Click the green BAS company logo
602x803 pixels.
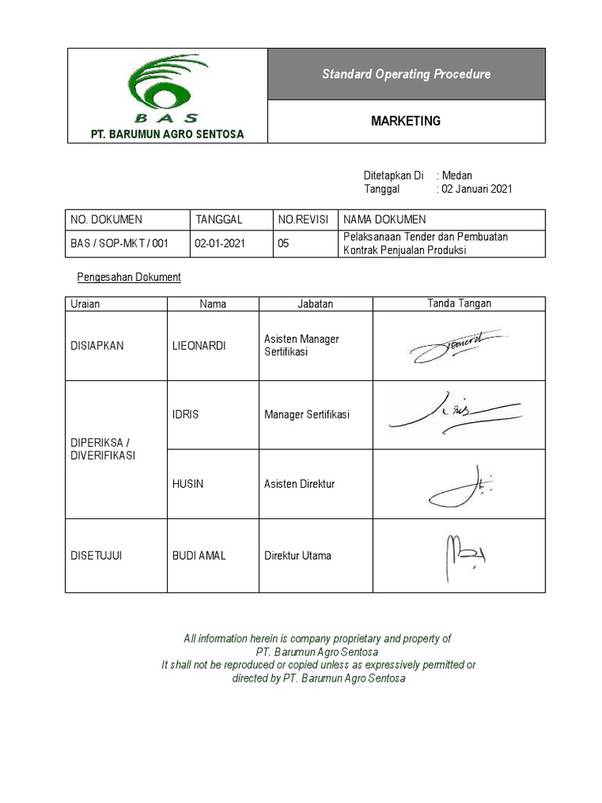click(x=166, y=87)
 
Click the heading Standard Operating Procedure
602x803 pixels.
click(x=406, y=74)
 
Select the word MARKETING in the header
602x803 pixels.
click(x=405, y=122)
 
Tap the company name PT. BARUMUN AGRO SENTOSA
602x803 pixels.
click(x=167, y=134)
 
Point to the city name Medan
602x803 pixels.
click(x=457, y=176)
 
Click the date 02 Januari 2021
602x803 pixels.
click(x=477, y=189)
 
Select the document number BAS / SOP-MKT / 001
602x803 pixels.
click(x=119, y=243)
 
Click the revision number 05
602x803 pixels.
click(x=284, y=243)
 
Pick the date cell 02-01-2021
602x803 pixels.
click(x=220, y=243)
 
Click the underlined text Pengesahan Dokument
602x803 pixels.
click(x=129, y=277)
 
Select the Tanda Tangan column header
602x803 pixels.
click(x=459, y=303)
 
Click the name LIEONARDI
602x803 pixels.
click(x=198, y=346)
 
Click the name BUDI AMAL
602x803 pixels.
click(x=199, y=555)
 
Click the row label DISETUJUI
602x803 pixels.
click(x=96, y=555)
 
